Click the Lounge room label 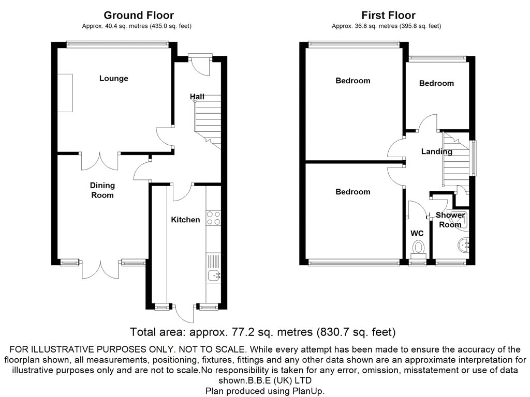(113, 79)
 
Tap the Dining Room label (102, 190)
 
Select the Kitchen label (185, 220)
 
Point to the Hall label (197, 97)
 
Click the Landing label (436, 151)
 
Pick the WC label (417, 234)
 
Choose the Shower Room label (450, 220)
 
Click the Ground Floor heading (139, 16)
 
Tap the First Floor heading (388, 16)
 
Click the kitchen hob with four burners (213, 218)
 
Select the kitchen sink (213, 277)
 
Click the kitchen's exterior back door (184, 312)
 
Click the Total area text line (263, 332)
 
